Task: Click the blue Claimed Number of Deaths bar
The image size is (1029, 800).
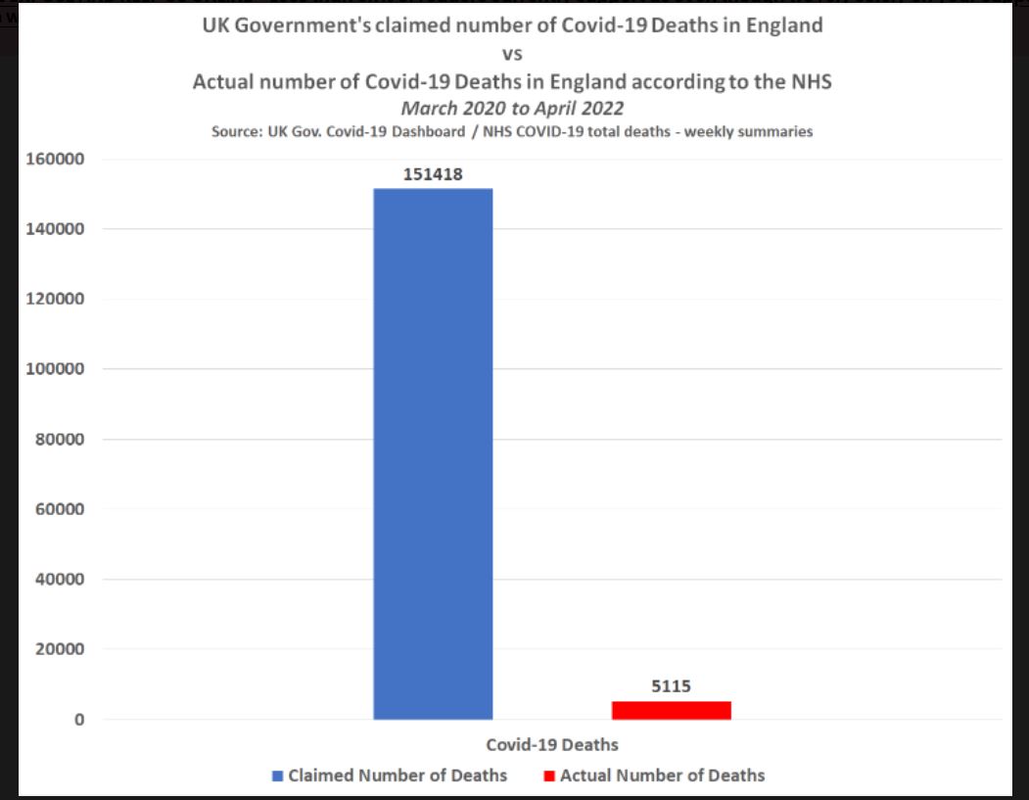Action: click(x=433, y=453)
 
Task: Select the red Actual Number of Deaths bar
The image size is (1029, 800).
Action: click(x=671, y=710)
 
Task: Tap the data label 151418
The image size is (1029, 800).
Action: click(x=433, y=174)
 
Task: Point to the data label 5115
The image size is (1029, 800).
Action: click(x=672, y=686)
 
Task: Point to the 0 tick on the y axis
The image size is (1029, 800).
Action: click(x=79, y=720)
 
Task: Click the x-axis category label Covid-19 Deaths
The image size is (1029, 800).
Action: click(x=552, y=744)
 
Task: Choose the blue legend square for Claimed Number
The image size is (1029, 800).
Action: click(x=278, y=776)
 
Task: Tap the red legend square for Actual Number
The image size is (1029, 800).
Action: click(x=549, y=776)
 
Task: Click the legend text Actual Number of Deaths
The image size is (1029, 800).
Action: click(x=662, y=776)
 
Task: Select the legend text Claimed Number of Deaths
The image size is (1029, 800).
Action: click(x=398, y=776)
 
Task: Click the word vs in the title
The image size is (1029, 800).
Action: click(x=512, y=55)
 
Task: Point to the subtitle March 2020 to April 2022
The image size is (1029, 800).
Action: click(x=512, y=108)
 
